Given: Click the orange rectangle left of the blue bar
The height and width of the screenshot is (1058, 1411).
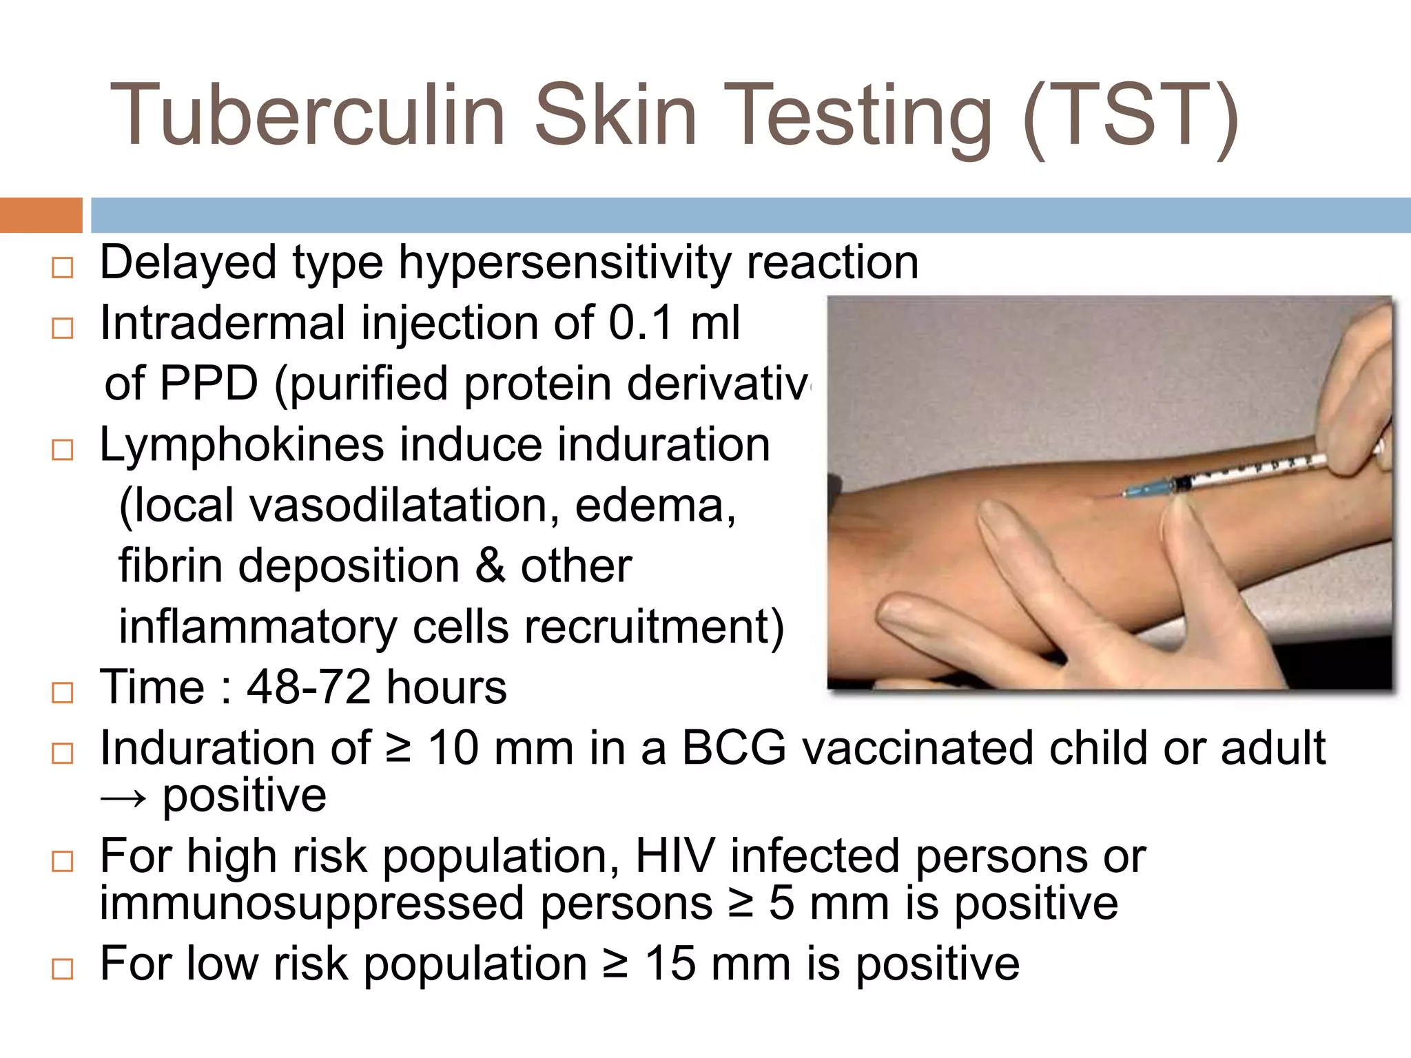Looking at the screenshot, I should point(41,215).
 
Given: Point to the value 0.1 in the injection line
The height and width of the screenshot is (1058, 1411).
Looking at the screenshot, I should point(641,323).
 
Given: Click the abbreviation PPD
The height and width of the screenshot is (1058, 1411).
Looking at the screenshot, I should point(208,384).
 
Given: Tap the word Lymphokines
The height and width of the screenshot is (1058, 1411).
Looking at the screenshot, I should point(242,444).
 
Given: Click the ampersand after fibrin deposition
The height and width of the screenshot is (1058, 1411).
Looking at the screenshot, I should point(490,566).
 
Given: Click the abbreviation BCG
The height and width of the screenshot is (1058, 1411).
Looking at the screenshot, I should point(734,748).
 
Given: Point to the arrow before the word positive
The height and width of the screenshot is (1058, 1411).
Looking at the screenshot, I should point(123,798).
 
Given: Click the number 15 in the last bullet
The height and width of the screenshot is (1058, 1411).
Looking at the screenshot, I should point(670,964).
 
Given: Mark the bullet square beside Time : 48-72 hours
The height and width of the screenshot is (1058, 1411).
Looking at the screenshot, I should point(63,692).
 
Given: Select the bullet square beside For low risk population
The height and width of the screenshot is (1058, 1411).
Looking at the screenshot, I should point(63,968).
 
